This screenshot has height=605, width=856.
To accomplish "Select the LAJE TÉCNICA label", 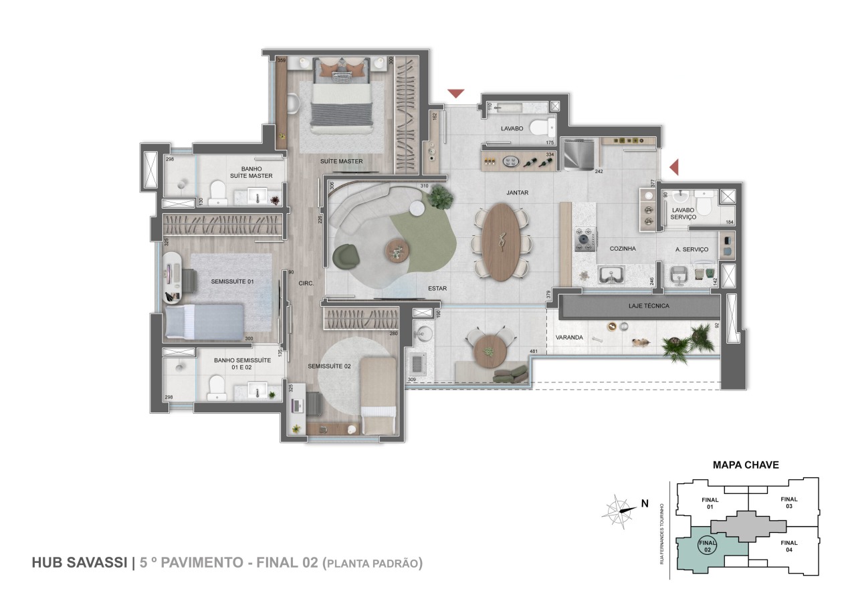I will [648, 306].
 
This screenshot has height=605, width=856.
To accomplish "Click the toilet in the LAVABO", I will [542, 126].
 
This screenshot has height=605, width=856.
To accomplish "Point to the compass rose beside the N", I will [619, 511].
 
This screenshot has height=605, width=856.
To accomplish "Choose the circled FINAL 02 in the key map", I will [707, 547].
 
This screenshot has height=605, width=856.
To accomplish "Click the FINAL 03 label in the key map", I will [789, 502].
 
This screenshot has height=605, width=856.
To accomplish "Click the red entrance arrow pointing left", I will [675, 166].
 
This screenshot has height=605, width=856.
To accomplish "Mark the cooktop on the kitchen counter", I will [586, 237].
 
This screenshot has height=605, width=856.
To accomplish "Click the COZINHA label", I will [622, 249].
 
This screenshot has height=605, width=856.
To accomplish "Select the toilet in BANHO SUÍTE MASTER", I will [217, 193].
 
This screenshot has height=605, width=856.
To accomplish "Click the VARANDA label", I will [568, 338].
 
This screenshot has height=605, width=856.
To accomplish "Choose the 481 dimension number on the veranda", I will [534, 351].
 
